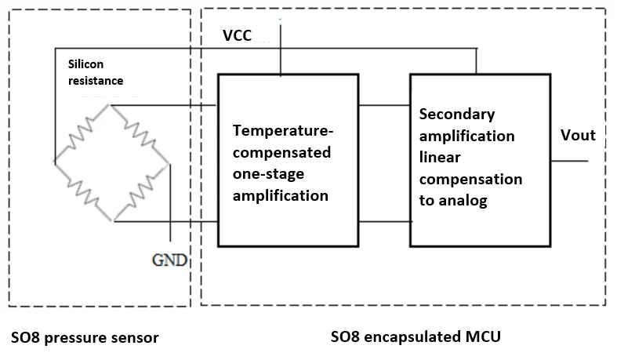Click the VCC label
click(x=238, y=35)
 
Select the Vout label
click(x=578, y=136)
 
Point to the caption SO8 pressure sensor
click(x=85, y=338)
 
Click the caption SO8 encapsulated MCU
click(x=416, y=337)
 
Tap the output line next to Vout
click(x=569, y=160)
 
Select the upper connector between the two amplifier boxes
click(x=384, y=105)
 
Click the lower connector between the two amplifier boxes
click(x=384, y=222)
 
